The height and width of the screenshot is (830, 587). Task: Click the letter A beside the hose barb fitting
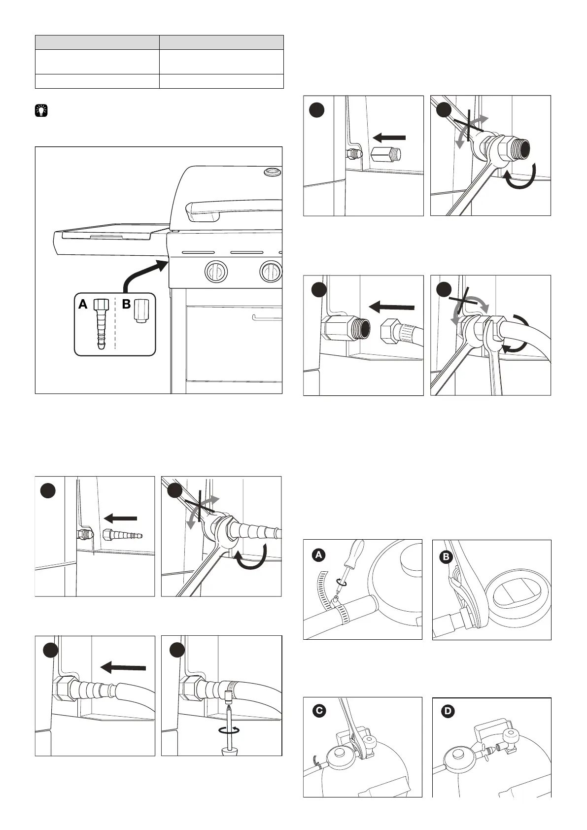click(83, 305)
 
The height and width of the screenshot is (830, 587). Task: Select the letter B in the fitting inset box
click(126, 305)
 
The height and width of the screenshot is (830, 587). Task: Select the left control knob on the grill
click(216, 271)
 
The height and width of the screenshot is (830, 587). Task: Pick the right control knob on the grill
click(270, 271)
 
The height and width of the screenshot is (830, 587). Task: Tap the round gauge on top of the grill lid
click(271, 173)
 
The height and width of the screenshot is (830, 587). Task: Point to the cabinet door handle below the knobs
click(266, 317)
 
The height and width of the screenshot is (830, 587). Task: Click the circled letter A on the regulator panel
click(319, 555)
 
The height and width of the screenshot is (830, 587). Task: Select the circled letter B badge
click(446, 557)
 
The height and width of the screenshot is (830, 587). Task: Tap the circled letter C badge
click(320, 711)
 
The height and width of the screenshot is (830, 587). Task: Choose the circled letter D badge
click(449, 711)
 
